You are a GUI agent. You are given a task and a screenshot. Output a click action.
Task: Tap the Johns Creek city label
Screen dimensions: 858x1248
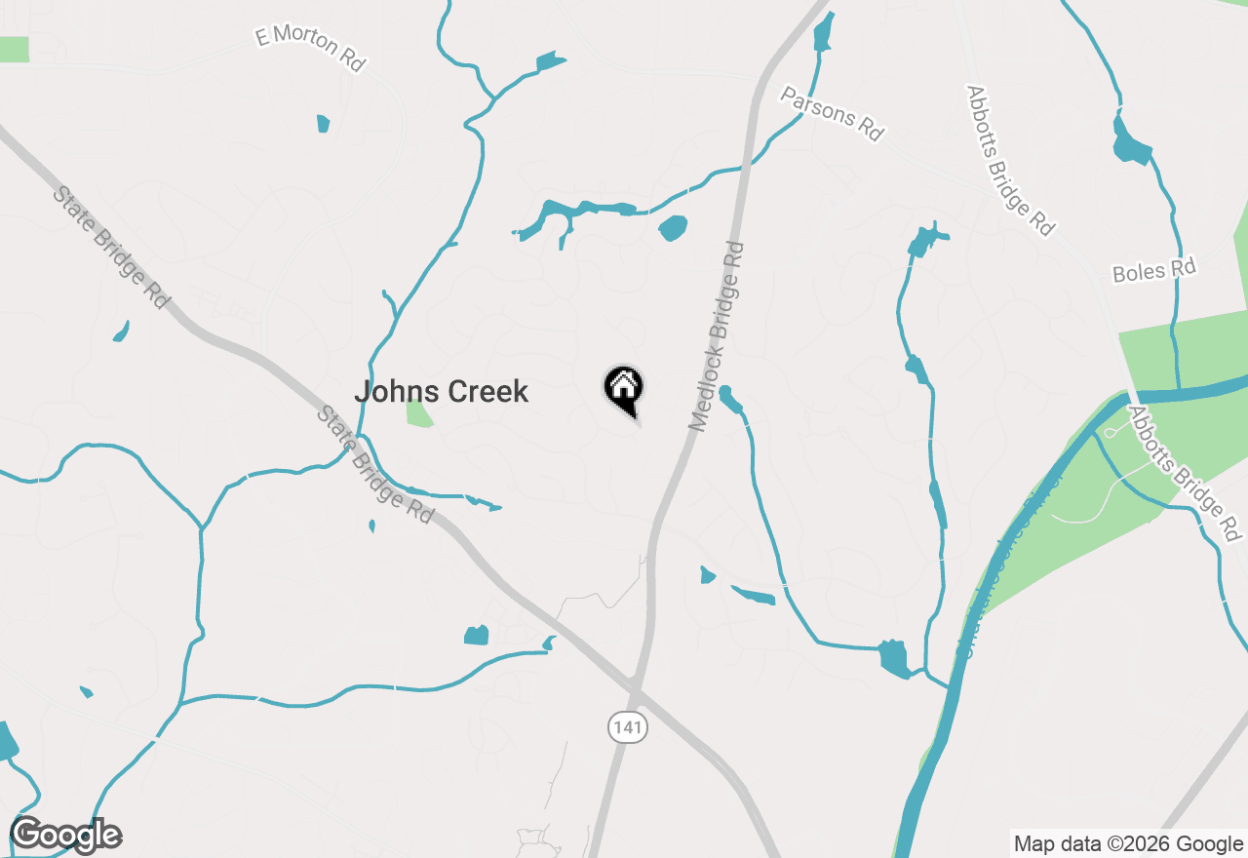point(441,392)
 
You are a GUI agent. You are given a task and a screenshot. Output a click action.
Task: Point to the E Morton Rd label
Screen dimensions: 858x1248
point(310,49)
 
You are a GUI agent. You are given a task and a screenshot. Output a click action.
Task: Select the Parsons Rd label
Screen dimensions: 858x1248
point(832,113)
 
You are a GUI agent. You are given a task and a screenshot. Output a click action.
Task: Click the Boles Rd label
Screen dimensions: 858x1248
point(1153,270)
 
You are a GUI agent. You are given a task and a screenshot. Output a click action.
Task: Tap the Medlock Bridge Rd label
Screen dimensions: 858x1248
point(717,336)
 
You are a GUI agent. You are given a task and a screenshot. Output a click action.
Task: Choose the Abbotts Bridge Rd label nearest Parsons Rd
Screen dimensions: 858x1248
point(1010,160)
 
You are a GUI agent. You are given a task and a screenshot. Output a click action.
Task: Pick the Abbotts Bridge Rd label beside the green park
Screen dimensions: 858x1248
point(1186,474)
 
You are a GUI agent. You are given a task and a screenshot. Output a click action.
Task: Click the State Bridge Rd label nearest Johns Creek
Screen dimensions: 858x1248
point(374,465)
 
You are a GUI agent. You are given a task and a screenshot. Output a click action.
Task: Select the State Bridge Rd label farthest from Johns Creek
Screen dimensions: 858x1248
point(111,248)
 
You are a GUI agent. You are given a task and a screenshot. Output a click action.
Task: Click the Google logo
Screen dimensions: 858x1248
point(66,836)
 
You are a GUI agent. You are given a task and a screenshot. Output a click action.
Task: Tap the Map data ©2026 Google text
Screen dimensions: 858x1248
point(1128,843)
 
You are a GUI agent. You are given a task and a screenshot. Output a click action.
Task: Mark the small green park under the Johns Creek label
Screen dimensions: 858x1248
point(419,413)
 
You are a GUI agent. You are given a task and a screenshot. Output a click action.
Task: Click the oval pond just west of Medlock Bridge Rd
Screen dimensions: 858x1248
point(673,228)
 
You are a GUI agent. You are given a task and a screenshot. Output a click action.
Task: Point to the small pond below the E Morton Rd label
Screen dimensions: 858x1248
point(323,124)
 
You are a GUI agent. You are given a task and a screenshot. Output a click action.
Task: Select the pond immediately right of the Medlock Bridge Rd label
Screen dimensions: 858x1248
point(729,399)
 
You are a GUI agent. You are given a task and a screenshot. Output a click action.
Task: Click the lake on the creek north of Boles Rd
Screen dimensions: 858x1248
point(1131,141)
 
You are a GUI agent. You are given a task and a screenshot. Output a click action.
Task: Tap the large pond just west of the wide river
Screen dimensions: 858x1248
point(893,658)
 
